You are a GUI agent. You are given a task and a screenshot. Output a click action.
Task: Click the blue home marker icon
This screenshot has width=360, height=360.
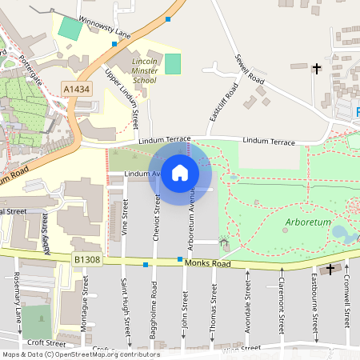pyautogui.click(x=180, y=172)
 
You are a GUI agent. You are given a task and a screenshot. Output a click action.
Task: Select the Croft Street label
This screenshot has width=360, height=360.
pyautogui.click(x=45, y=342)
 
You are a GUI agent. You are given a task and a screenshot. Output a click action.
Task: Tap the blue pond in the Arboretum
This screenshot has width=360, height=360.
pyautogui.click(x=341, y=234)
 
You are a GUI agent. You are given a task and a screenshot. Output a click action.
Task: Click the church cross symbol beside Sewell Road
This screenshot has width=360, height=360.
pyautogui.click(x=317, y=69)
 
